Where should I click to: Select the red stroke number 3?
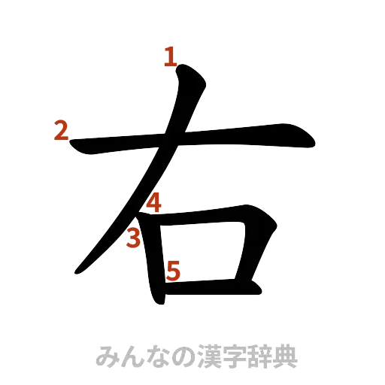pos(134,239)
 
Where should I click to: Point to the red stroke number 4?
pos(153,202)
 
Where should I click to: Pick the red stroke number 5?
pos(173,270)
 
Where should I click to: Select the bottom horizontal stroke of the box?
pos(218,286)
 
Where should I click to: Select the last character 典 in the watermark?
pos(286,356)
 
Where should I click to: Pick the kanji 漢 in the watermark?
pos(206,356)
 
